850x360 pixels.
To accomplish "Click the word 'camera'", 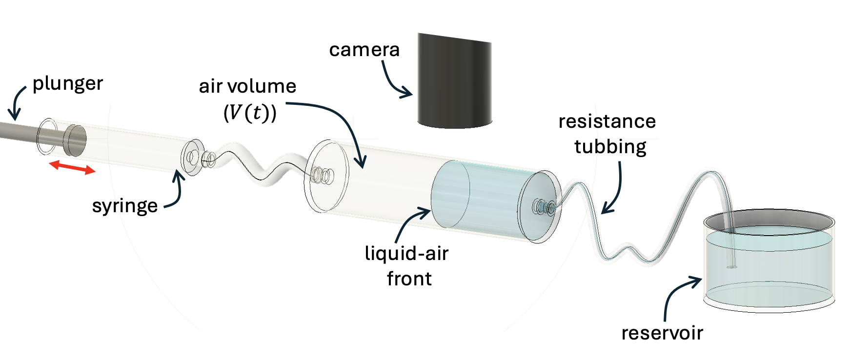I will click(x=364, y=50).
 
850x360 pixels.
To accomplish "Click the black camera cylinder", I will click(x=454, y=83).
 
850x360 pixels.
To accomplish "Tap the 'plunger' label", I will click(x=67, y=84).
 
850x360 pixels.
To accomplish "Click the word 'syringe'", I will click(x=125, y=206).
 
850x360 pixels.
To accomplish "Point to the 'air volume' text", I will click(x=247, y=86).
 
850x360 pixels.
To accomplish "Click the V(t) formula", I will click(x=250, y=113).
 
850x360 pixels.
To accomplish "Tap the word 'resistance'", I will click(x=607, y=121).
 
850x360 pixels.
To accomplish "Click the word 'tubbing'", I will click(x=610, y=147).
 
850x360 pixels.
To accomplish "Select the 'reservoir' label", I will click(x=662, y=333).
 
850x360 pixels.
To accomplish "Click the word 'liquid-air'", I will click(x=406, y=254).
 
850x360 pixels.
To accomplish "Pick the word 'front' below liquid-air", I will click(x=409, y=279).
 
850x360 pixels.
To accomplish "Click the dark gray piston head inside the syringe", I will click(x=76, y=140).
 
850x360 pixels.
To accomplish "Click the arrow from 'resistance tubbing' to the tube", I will click(x=616, y=190).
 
